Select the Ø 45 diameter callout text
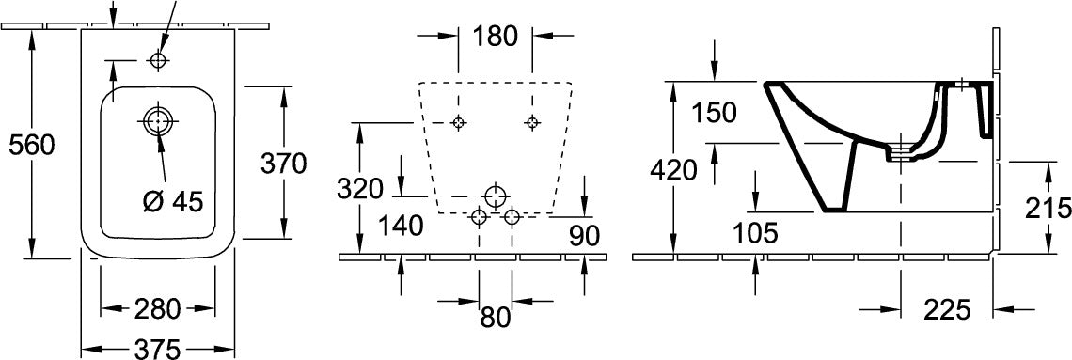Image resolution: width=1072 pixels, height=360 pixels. (x=173, y=201)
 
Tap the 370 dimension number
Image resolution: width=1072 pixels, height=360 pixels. (x=284, y=164)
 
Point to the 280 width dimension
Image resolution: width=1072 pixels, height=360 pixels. (x=158, y=308)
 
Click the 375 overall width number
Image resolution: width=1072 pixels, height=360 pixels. (x=158, y=349)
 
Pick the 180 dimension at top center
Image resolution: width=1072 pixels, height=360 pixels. (x=495, y=37)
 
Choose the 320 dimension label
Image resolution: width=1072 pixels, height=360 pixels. (x=359, y=189)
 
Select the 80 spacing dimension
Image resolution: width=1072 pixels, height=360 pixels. (x=495, y=317)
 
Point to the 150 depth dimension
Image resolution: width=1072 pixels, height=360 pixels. (x=714, y=112)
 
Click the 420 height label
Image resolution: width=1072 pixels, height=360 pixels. (x=673, y=169)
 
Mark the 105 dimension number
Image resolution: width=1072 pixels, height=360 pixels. (x=755, y=234)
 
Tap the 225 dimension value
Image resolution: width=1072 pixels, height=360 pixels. (x=947, y=310)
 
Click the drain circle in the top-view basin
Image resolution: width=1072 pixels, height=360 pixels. (x=158, y=121)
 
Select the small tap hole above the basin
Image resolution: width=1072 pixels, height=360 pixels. (x=158, y=60)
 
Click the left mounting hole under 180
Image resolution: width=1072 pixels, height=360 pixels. (x=459, y=122)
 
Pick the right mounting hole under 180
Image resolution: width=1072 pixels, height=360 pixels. (x=532, y=122)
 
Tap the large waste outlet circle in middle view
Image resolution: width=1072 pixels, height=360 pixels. (x=495, y=196)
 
